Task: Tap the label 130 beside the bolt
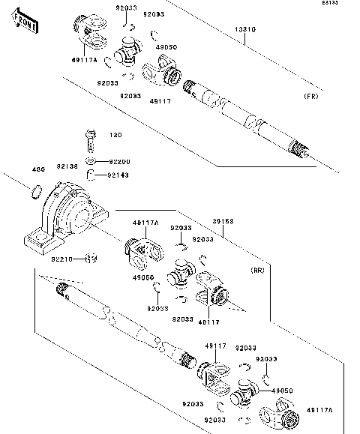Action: [x=115, y=135]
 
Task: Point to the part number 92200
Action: [x=119, y=161]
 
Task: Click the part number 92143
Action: [x=119, y=176]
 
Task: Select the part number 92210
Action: [x=62, y=259]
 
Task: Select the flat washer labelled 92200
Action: [x=89, y=161]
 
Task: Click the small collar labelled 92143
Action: [x=88, y=176]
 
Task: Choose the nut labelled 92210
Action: [x=91, y=259]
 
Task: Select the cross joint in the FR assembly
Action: [x=129, y=54]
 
